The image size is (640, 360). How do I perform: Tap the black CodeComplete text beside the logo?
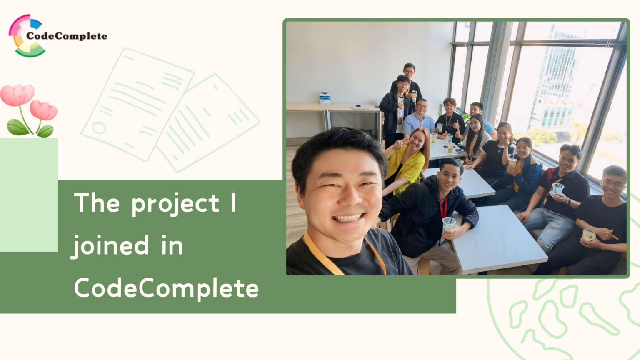67,36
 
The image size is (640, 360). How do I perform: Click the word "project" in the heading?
175,204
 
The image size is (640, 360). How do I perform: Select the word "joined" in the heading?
111,245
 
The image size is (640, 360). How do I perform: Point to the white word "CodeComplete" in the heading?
166,288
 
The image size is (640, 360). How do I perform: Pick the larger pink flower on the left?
17,95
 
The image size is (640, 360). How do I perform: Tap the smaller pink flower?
43,110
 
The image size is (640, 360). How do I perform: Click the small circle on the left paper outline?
99,127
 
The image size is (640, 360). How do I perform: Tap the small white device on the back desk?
325,98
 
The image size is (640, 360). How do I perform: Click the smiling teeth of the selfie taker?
347,218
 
